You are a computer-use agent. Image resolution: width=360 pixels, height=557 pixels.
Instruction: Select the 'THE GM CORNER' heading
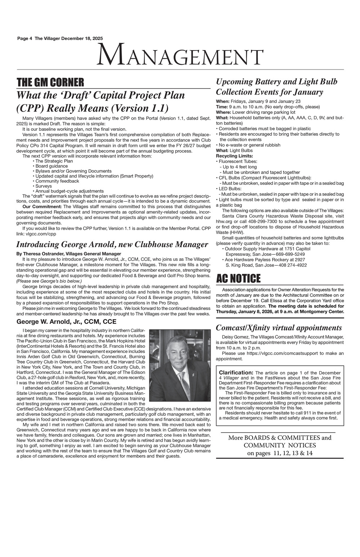pos(50,83)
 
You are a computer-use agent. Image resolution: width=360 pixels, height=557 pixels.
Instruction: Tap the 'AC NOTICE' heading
pos(238,278)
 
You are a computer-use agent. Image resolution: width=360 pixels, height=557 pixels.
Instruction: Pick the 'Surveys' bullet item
pos(44,186)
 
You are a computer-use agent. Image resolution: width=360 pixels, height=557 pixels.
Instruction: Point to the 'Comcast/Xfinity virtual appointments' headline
pos(279,327)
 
